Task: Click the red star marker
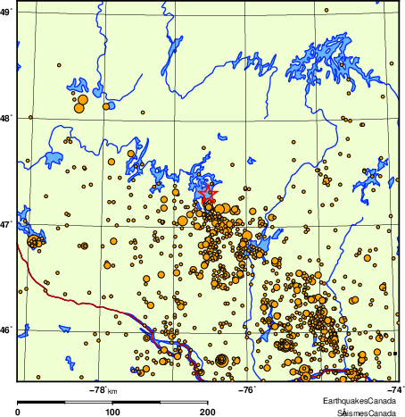207,191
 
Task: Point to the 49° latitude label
6,13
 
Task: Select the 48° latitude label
6,116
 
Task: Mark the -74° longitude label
395,389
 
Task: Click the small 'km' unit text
112,390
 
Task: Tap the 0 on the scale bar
19,412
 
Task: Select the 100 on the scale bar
113,412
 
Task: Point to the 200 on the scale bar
208,412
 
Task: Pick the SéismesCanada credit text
362,413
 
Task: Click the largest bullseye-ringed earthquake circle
221,360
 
